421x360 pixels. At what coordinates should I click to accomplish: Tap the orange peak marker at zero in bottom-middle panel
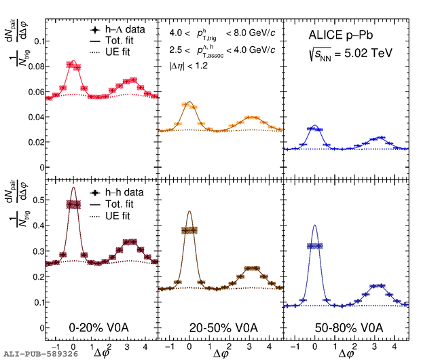click(x=189, y=230)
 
